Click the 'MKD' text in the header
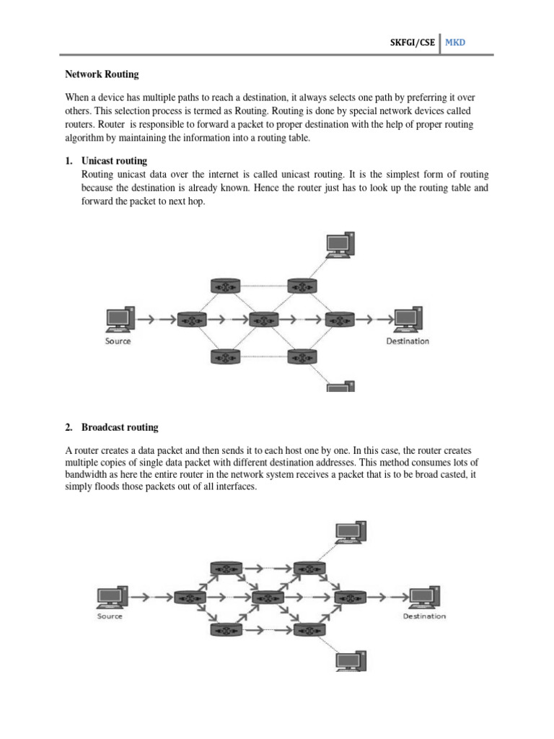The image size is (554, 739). click(x=455, y=43)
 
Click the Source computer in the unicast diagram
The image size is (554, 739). click(x=118, y=319)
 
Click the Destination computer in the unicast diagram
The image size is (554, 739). click(x=408, y=319)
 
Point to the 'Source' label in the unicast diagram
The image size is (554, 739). click(x=118, y=341)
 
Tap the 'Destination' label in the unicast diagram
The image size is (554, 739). click(x=408, y=341)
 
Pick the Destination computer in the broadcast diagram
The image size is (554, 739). click(x=423, y=596)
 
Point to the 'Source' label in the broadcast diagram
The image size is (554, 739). click(x=110, y=616)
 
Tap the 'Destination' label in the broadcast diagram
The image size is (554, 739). click(x=424, y=616)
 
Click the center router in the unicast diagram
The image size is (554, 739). click(x=264, y=318)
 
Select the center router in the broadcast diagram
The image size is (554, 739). click(x=267, y=597)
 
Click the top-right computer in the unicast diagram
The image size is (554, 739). click(x=339, y=245)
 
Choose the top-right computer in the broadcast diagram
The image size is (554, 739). click(x=351, y=533)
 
